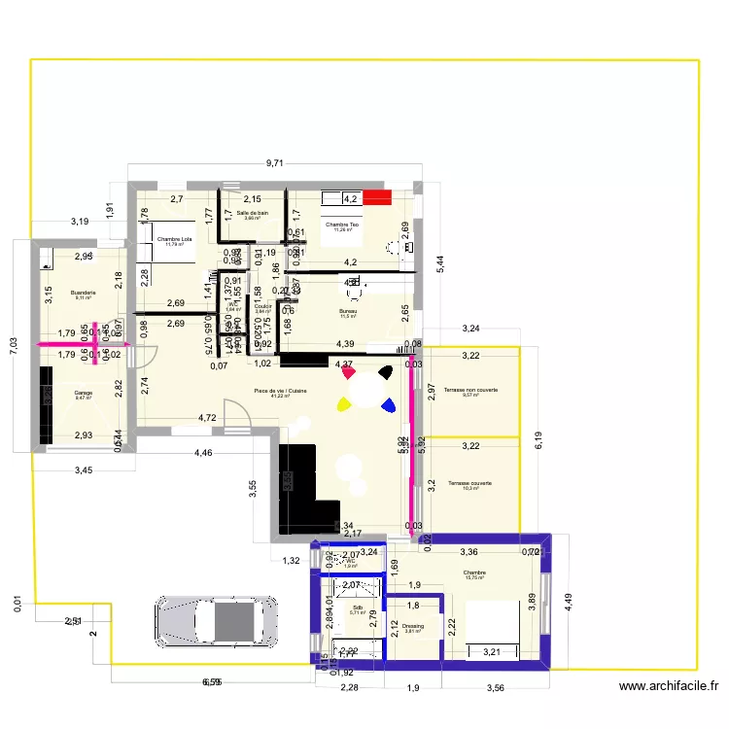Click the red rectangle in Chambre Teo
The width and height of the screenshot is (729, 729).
pos(377,197)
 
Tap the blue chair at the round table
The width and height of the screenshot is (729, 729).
pos(389,405)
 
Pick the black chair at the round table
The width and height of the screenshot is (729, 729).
pos(386,371)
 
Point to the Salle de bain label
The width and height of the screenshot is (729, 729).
pos(251,214)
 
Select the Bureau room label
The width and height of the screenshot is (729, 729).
pos(347,312)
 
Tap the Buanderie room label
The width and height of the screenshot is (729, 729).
pos(83,294)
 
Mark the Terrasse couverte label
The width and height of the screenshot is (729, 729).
pos(470,484)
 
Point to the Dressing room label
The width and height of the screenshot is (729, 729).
pos(413,626)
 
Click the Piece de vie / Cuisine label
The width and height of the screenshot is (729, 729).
pos(280,392)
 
